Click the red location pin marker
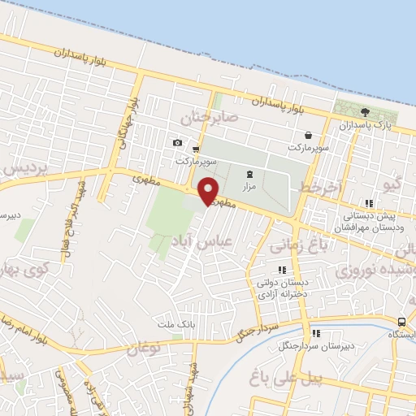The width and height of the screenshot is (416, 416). click(x=209, y=190)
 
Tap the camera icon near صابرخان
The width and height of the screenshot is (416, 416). click(x=177, y=143)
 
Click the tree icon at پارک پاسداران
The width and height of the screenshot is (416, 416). click(x=366, y=112)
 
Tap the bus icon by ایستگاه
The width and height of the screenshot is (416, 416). click(x=404, y=322)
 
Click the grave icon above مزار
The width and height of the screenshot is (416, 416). click(x=249, y=173)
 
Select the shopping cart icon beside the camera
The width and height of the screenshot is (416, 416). click(x=197, y=148)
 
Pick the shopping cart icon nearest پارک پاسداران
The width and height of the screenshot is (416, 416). click(x=308, y=135)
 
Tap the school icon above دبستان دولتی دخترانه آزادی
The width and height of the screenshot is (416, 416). click(x=282, y=269)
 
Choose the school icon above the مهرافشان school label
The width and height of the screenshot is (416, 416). click(x=369, y=203)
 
